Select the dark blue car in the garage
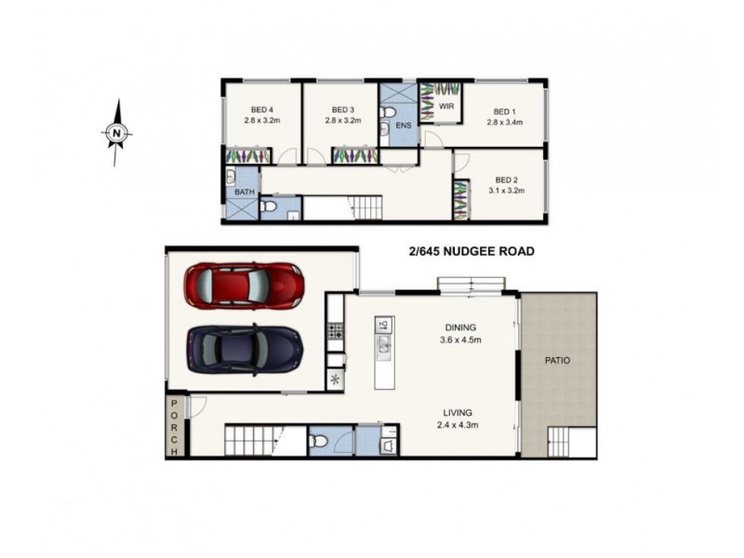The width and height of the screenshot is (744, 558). tap(245, 348)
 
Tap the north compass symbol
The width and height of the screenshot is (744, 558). tap(116, 133)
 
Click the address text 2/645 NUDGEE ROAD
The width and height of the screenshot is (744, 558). tap(471, 251)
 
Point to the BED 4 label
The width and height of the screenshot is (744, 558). tap(261, 109)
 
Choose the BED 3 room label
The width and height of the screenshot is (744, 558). tap(342, 109)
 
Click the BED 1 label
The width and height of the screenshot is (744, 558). tap(505, 110)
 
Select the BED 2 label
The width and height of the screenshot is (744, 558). tap(506, 179)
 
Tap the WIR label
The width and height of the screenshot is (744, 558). tap(447, 107)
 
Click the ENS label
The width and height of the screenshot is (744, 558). tap(403, 125)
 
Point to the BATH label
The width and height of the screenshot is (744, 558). tap(244, 193)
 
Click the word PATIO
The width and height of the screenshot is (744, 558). tap(558, 360)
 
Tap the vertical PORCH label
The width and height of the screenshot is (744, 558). tap(174, 428)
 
